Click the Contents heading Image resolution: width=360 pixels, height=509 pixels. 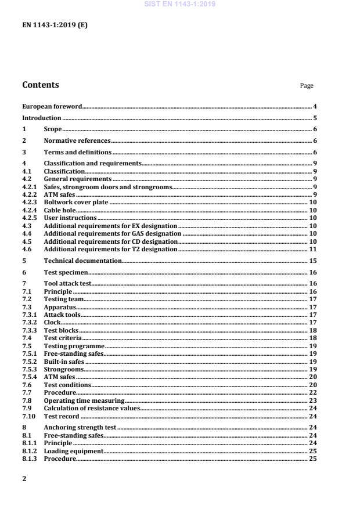(41, 85)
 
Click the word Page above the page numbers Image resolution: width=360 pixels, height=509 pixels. (307, 86)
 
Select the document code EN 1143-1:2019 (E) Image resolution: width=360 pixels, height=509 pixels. (55, 26)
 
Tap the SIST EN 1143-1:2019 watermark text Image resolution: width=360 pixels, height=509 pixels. (179, 4)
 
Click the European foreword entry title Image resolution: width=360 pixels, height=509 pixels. (52, 107)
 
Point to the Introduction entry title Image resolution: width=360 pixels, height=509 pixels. (42, 118)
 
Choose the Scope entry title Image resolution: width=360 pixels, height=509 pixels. (53, 129)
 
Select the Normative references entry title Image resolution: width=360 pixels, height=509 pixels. (77, 141)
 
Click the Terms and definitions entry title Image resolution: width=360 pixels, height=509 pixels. (78, 152)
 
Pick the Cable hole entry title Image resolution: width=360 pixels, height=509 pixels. (60, 210)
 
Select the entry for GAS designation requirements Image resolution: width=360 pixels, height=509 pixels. (113, 233)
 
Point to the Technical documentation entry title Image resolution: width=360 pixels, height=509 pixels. (83, 261)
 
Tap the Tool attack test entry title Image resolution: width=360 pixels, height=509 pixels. (68, 283)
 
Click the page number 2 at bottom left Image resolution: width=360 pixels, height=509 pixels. (24, 479)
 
